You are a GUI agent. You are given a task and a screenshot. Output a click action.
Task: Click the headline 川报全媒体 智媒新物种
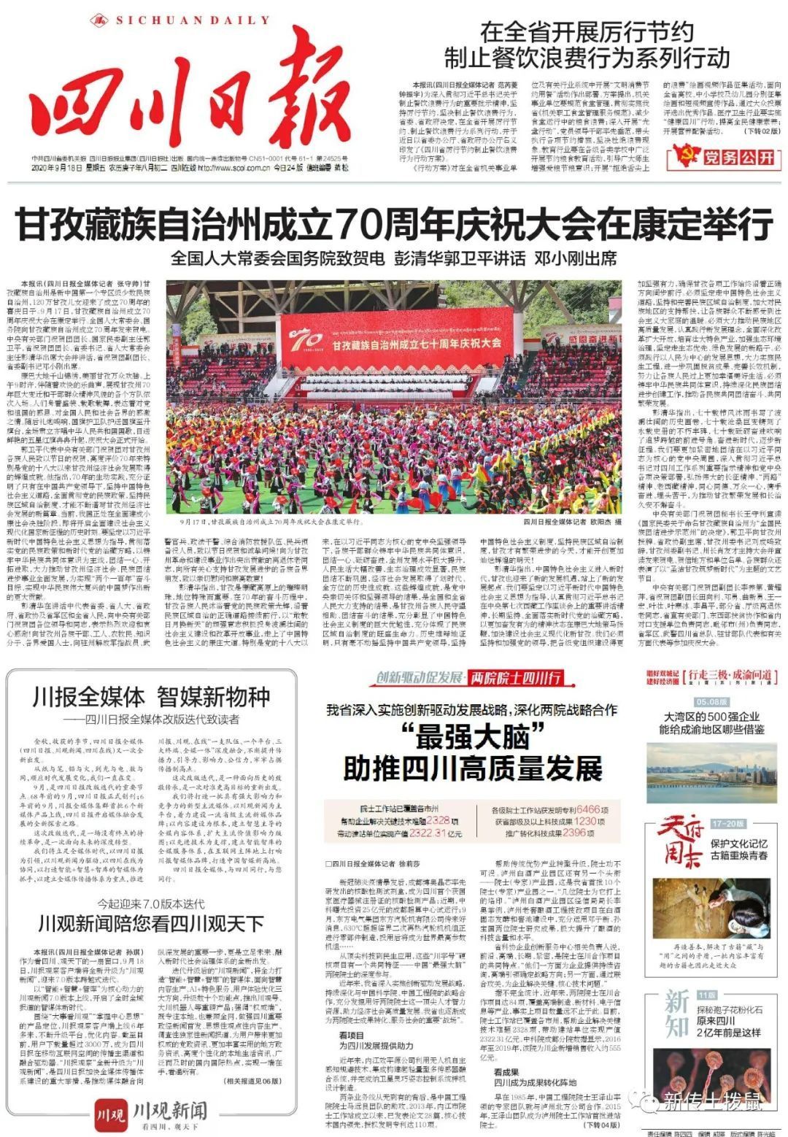tap(151, 697)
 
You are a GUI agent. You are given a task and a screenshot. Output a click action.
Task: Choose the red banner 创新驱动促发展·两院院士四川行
tap(469, 678)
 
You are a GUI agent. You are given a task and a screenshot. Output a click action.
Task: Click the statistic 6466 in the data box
tap(587, 810)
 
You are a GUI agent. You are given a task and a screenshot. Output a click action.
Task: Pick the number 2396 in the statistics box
tap(574, 833)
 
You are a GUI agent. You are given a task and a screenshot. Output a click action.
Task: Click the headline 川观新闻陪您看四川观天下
tap(151, 924)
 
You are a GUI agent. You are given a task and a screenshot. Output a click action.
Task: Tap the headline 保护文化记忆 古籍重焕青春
tap(739, 849)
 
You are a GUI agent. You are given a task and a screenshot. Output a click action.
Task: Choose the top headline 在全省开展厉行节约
tap(587, 33)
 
